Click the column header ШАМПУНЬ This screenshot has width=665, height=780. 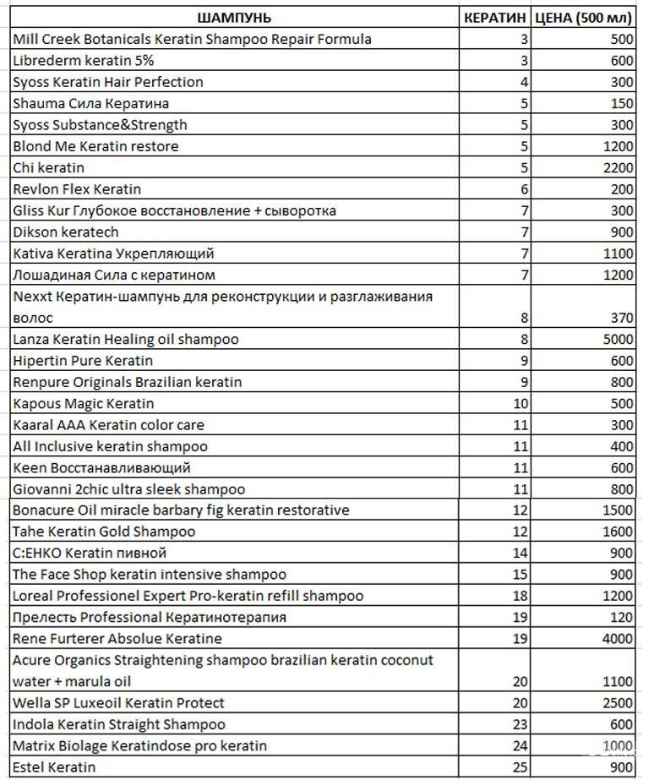coord(234,18)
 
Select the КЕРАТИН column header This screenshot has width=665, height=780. coord(496,18)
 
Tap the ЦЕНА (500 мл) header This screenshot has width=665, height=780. coord(584,18)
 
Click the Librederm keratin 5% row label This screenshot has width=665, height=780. coord(83,61)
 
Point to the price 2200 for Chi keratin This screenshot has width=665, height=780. coord(619,167)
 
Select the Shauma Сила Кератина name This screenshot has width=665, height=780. coord(90,103)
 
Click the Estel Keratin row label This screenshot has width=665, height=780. coord(54,767)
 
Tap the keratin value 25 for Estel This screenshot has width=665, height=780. coord(520,767)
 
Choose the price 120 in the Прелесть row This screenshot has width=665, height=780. coord(622,617)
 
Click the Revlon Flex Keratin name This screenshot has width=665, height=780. coord(77,188)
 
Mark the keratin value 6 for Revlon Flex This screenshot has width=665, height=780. coord(524,188)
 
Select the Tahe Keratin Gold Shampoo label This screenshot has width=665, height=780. coord(104,532)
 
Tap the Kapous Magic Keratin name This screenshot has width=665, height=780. coord(83,403)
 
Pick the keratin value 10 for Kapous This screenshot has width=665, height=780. coord(520,403)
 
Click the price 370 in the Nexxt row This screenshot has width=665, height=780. coord(622,318)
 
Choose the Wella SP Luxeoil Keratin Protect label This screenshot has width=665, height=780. coord(118,703)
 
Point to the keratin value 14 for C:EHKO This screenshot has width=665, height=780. coord(520,553)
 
